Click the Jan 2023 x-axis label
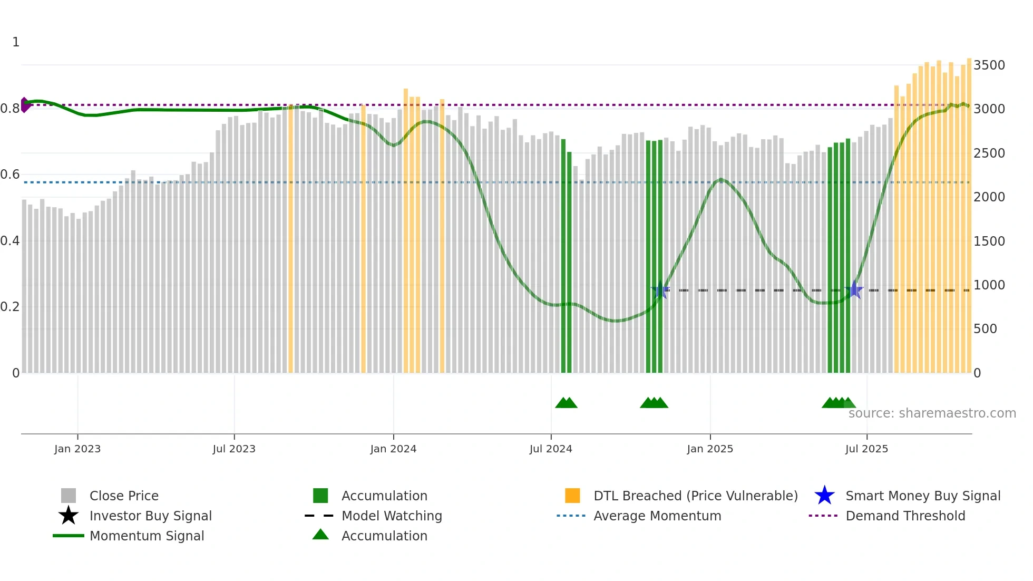tap(77, 449)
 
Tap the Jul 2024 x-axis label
tap(551, 449)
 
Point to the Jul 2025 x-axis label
tap(866, 449)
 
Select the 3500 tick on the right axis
tap(989, 65)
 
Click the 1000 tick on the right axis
tap(989, 285)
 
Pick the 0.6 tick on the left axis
tap(10, 175)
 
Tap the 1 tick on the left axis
tap(16, 42)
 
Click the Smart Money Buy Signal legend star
tap(824, 496)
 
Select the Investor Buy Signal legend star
tap(69, 516)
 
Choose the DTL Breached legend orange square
tap(572, 496)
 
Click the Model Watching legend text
tap(392, 516)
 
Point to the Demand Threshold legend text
tap(905, 516)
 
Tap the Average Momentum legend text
tap(657, 516)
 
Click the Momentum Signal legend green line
tap(69, 536)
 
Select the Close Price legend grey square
tap(69, 496)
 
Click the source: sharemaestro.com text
tap(932, 413)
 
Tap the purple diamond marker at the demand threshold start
tap(24, 105)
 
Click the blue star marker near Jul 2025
tap(854, 290)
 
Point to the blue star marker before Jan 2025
tap(660, 290)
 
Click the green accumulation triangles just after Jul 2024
tap(566, 403)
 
